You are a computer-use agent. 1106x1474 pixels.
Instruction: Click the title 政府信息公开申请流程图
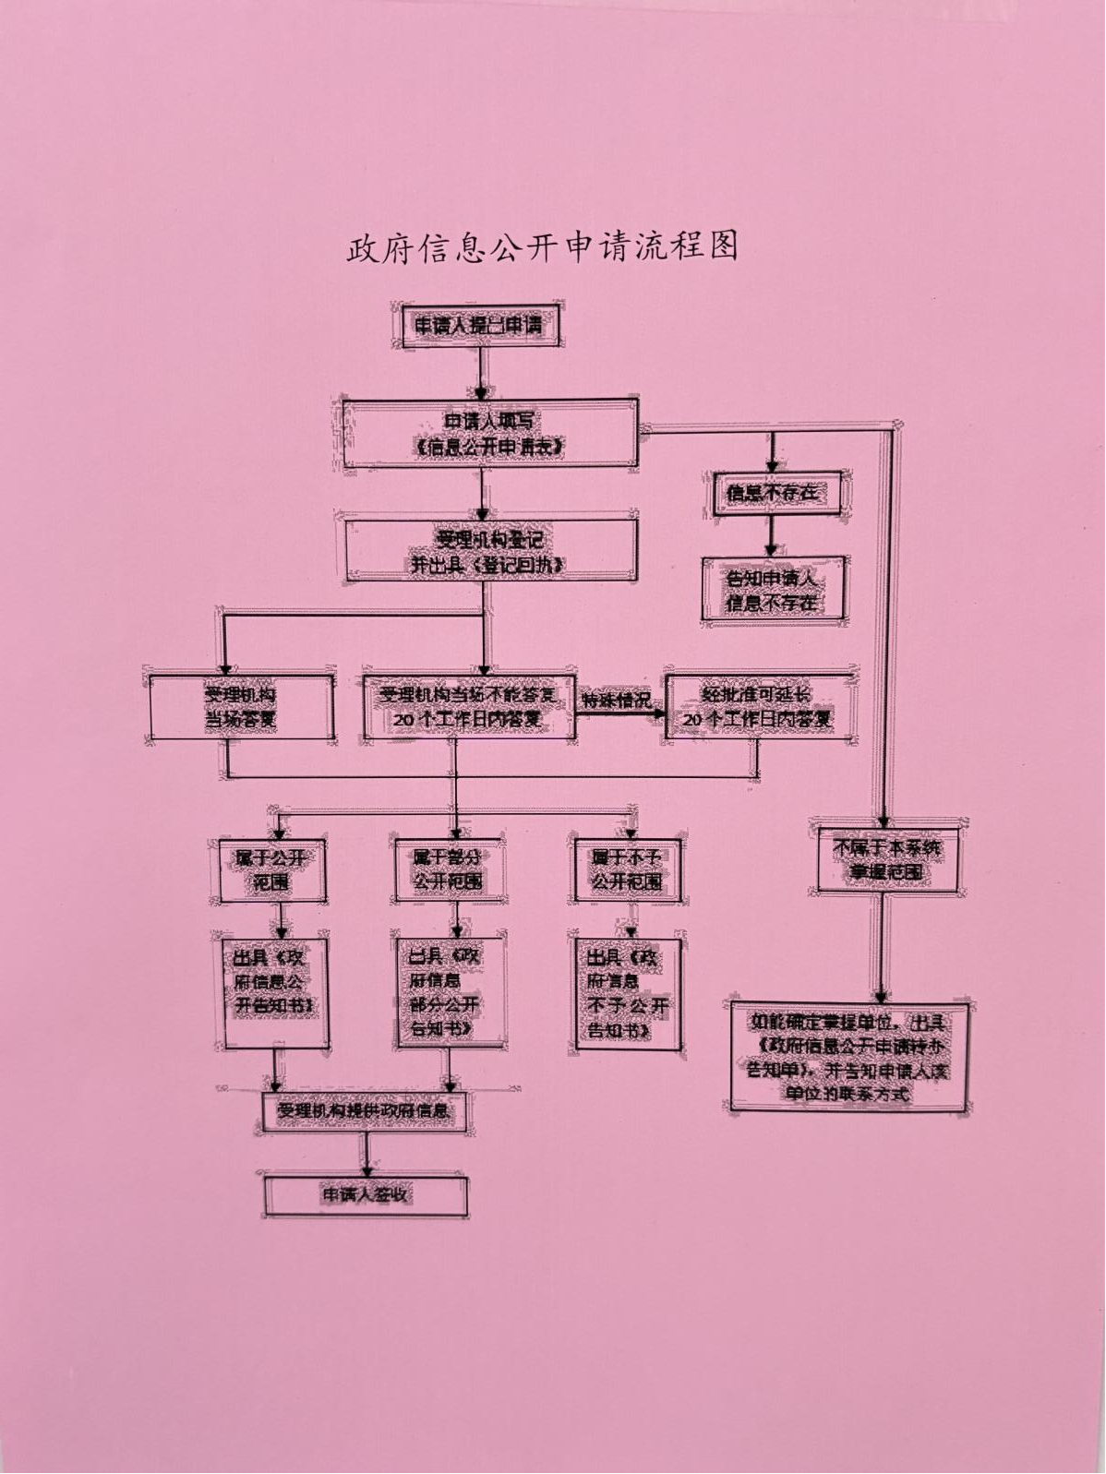pos(543,247)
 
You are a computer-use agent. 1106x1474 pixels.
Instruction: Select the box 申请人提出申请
pos(478,326)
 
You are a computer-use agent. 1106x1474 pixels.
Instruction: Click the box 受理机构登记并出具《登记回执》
pos(490,551)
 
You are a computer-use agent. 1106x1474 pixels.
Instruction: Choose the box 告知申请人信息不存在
pos(773,591)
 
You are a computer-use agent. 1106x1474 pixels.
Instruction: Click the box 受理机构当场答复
pos(240,707)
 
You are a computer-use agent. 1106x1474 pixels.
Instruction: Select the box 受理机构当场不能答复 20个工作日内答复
pos(469,707)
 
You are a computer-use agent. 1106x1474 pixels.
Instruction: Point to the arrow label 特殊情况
pos(616,701)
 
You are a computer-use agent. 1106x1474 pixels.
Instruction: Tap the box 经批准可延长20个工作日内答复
pos(758,707)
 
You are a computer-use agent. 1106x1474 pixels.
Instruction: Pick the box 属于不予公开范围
pos(628,869)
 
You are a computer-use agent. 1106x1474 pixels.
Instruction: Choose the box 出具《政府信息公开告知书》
pos(275,992)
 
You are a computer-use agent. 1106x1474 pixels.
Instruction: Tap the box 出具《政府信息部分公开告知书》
pos(450,992)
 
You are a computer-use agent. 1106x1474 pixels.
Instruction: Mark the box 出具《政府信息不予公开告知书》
pos(628,992)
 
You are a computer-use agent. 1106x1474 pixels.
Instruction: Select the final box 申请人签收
pos(366,1195)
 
